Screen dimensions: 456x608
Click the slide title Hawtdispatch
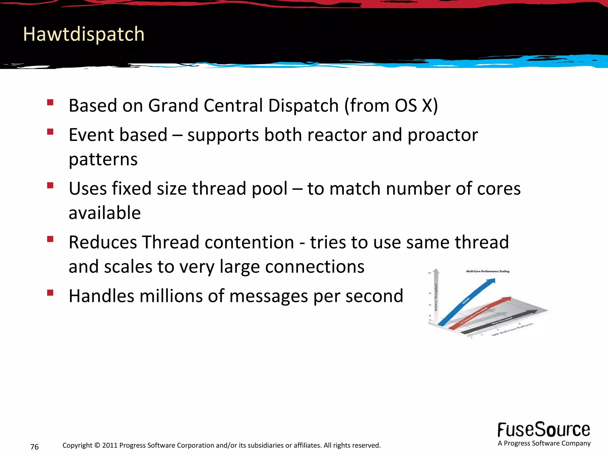(x=84, y=34)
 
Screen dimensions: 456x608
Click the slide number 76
(x=34, y=447)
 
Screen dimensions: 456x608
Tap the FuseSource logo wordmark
(x=544, y=430)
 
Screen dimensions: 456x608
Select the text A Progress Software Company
(x=544, y=443)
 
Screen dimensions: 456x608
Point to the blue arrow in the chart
(x=466, y=303)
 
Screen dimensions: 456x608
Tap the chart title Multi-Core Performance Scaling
(x=487, y=271)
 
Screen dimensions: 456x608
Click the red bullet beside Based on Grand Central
(x=50, y=102)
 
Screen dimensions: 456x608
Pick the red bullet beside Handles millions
(x=50, y=293)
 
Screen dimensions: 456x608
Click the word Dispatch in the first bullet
(x=303, y=106)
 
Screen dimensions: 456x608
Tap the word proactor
(x=443, y=135)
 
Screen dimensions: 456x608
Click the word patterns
(x=103, y=159)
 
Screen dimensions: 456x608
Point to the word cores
(x=498, y=189)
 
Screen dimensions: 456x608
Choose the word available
(x=104, y=213)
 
